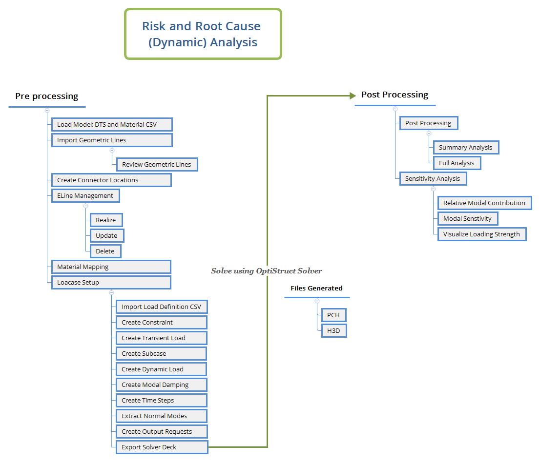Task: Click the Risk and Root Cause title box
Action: [203, 34]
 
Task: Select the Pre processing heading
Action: [47, 96]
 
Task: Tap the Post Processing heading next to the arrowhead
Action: [395, 95]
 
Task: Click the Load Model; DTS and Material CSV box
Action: [112, 124]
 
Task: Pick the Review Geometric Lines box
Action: [157, 164]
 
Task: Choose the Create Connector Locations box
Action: [111, 180]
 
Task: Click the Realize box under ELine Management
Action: [106, 220]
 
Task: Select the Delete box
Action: [105, 251]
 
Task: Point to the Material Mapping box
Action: [111, 267]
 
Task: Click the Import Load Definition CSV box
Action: [162, 307]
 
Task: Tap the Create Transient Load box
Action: [161, 338]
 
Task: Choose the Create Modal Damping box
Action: [161, 385]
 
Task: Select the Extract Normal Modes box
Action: [161, 416]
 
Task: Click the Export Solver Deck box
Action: [162, 447]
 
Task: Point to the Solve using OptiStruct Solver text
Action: [266, 271]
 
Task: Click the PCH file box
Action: [333, 315]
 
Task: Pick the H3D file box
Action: [333, 330]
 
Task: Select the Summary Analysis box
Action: [466, 147]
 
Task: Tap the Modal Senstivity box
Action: [467, 218]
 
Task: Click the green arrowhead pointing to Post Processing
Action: [353, 96]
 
